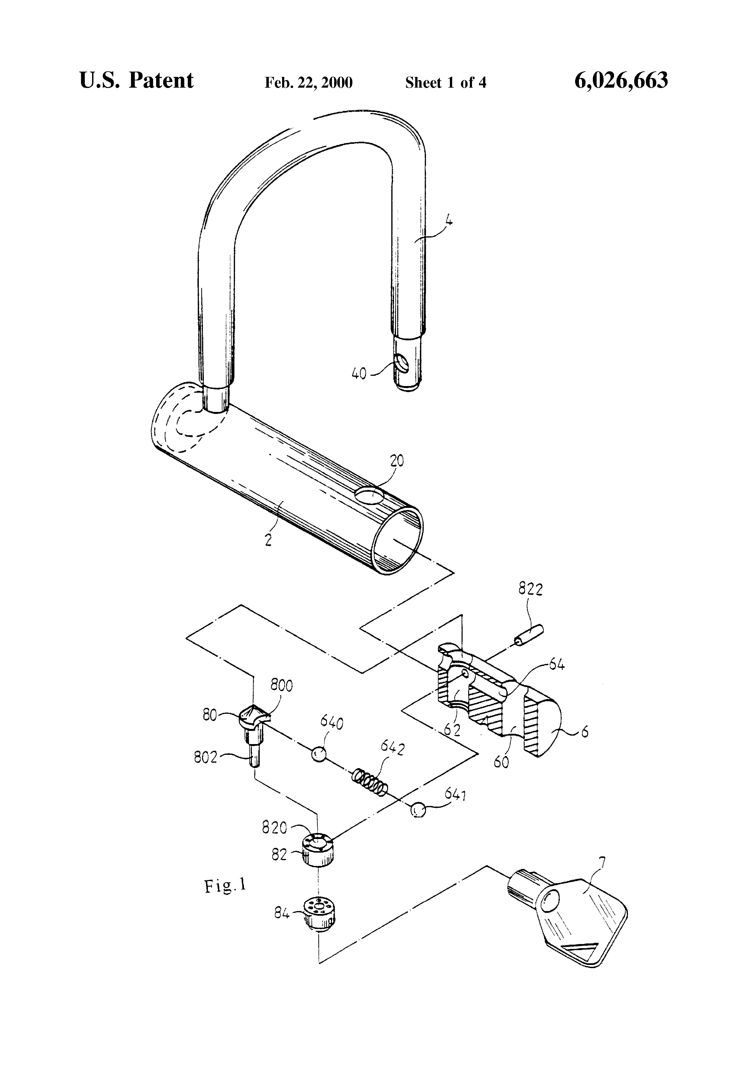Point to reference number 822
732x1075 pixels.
(x=530, y=589)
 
